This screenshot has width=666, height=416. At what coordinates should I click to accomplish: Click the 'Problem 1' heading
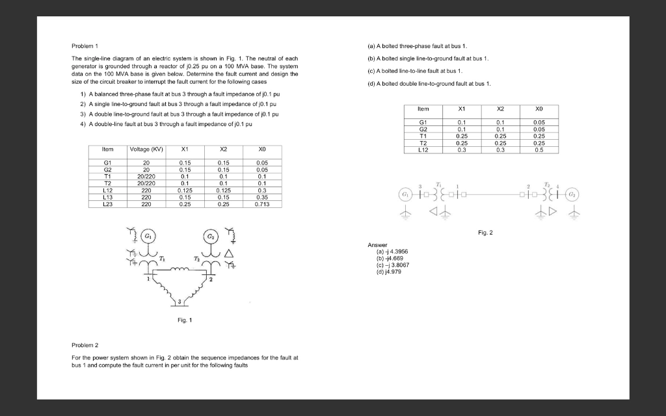pyautogui.click(x=84, y=47)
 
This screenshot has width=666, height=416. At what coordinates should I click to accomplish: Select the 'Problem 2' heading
pyautogui.click(x=84, y=345)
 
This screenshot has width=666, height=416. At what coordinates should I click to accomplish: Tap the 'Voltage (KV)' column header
pyautogui.click(x=146, y=149)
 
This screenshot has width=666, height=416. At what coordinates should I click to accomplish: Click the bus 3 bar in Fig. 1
pyautogui.click(x=183, y=303)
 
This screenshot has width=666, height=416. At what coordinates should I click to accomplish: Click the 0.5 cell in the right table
pyautogui.click(x=538, y=149)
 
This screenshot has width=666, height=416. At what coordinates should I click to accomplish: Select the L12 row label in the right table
pyautogui.click(x=424, y=149)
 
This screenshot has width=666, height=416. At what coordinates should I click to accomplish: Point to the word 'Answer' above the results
pyautogui.click(x=377, y=245)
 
